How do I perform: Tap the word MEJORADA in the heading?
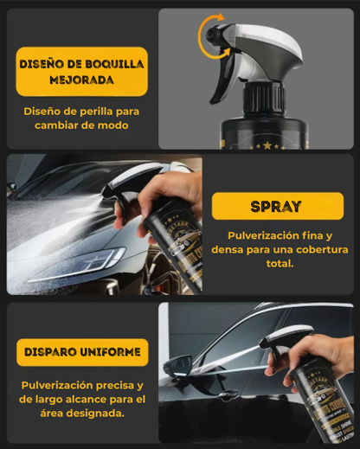pos(81,80)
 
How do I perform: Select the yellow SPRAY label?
pos(276,207)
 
